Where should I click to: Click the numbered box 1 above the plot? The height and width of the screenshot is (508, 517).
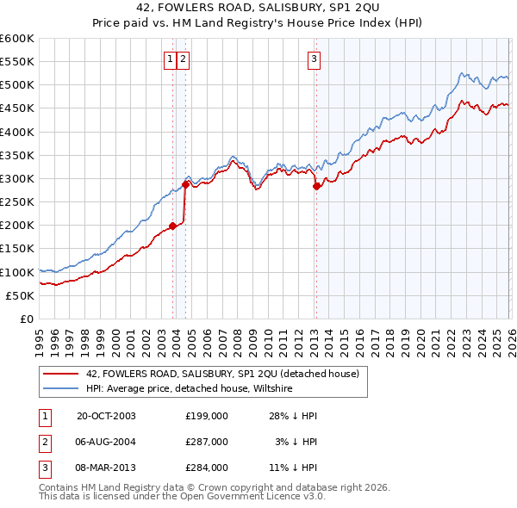(171, 59)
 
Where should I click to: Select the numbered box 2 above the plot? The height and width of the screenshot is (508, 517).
(184, 59)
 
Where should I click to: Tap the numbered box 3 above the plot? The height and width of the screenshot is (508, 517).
(314, 59)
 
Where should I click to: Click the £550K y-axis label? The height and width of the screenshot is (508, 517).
(17, 62)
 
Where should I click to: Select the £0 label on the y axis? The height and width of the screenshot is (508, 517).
(26, 319)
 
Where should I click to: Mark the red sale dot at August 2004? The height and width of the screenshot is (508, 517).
(185, 184)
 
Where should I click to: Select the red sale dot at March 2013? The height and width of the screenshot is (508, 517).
(316, 186)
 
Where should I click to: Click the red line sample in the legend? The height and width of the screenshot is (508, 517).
(60, 374)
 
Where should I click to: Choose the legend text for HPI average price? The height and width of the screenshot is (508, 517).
(190, 388)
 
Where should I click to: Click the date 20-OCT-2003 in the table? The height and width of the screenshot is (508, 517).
(106, 416)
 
